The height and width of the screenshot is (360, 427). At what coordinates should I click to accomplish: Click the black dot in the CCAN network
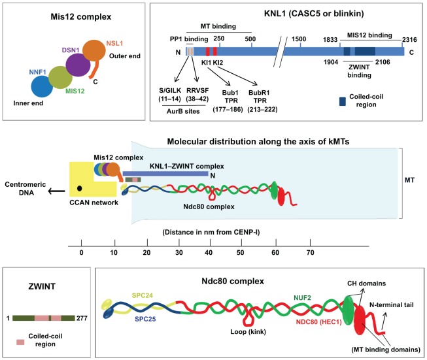click(x=79, y=189)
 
